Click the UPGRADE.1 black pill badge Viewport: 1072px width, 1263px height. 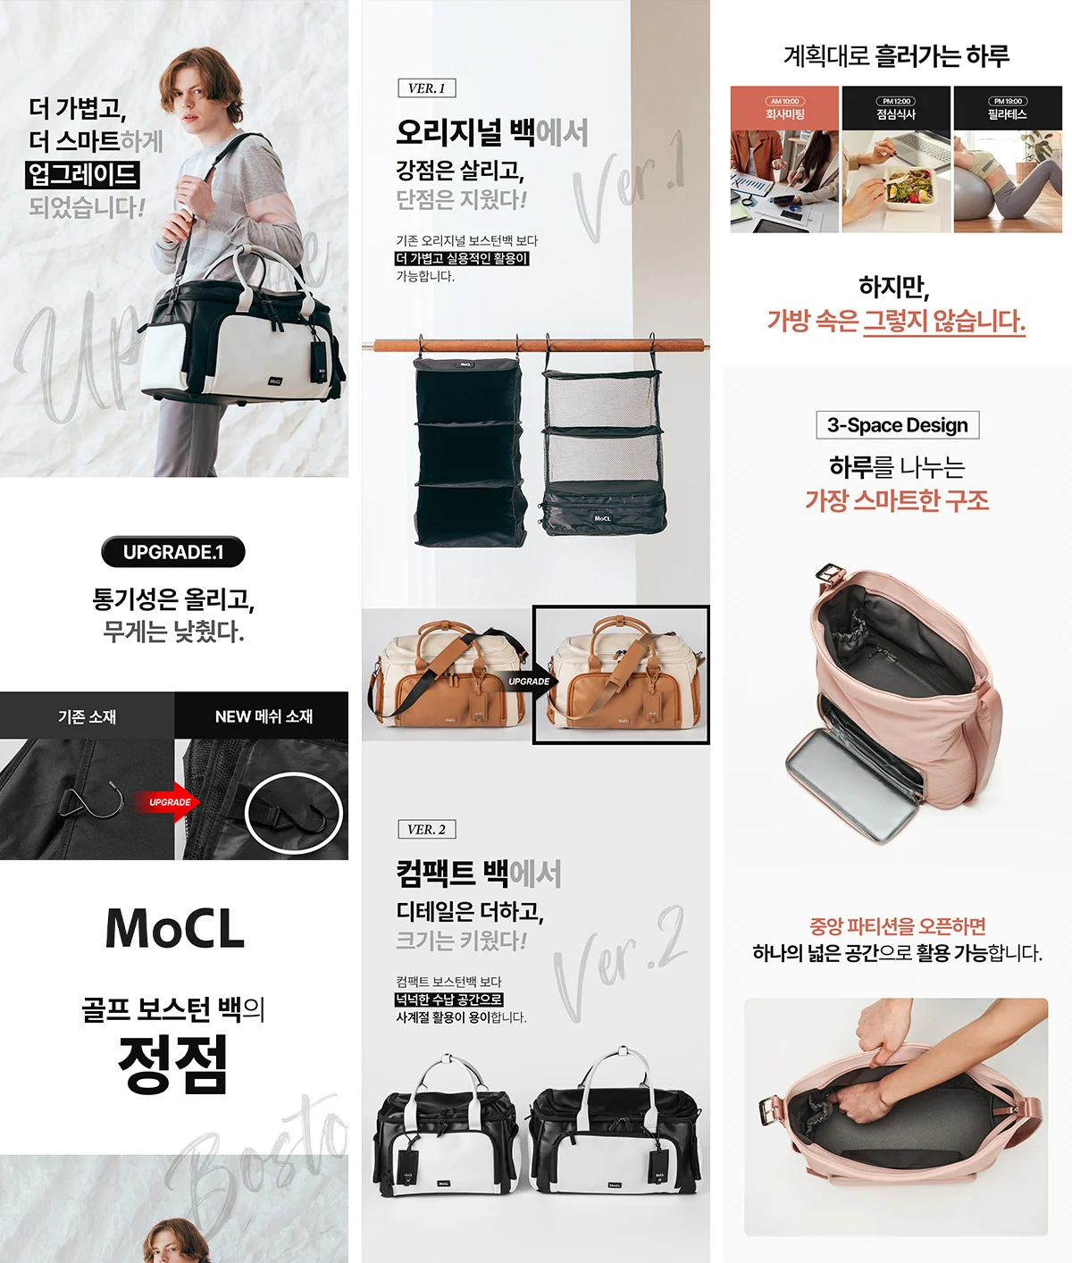tap(173, 552)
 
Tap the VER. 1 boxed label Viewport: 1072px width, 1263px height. tap(427, 88)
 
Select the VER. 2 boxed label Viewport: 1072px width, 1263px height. tap(427, 829)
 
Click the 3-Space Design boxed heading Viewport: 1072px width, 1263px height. tap(897, 425)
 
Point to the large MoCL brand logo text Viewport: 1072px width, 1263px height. tap(175, 929)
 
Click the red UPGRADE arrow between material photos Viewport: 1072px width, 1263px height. tap(169, 801)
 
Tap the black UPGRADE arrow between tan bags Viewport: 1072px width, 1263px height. tap(530, 682)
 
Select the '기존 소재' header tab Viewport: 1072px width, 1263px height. tap(87, 716)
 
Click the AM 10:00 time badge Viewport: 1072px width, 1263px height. tap(784, 101)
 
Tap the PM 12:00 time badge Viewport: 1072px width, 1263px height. tap(896, 101)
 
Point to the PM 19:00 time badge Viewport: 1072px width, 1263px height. tap(1008, 101)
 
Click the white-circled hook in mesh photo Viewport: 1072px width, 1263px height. tap(293, 813)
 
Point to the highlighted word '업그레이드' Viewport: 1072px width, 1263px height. tap(83, 174)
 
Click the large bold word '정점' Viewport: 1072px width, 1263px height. tap(173, 1064)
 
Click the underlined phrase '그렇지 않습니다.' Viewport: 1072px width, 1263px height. tap(944, 321)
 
